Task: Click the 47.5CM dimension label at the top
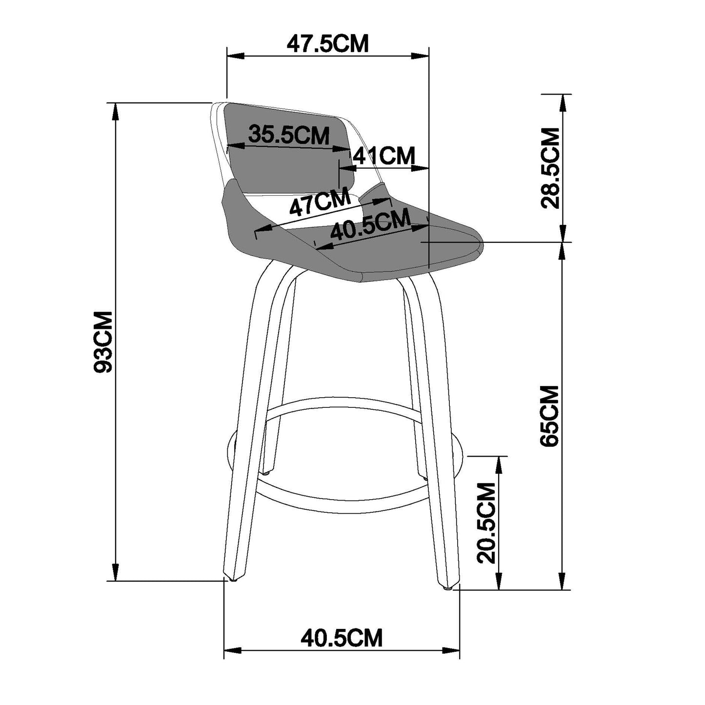(327, 44)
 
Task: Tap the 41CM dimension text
(383, 156)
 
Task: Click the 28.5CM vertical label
(550, 168)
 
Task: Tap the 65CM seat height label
(550, 416)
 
